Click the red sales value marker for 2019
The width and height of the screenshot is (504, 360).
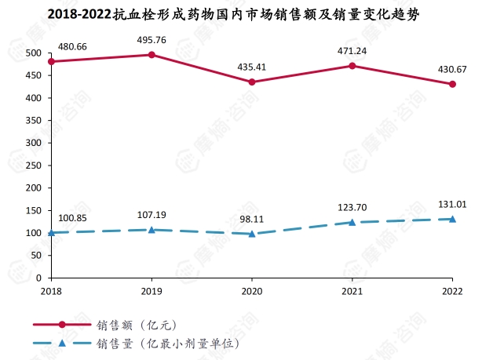[152, 55]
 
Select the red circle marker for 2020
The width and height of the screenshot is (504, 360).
[252, 82]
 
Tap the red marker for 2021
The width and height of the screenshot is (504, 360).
[352, 66]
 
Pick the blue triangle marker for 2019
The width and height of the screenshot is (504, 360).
[152, 229]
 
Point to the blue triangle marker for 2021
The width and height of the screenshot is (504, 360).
[352, 222]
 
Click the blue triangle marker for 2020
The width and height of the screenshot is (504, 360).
[252, 233]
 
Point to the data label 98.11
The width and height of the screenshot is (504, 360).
[252, 219]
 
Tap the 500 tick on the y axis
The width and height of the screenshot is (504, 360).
[33, 53]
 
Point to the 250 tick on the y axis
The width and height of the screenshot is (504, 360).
[33, 165]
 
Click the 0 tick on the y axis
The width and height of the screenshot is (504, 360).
[38, 278]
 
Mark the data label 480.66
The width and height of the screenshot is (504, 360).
[71, 46]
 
